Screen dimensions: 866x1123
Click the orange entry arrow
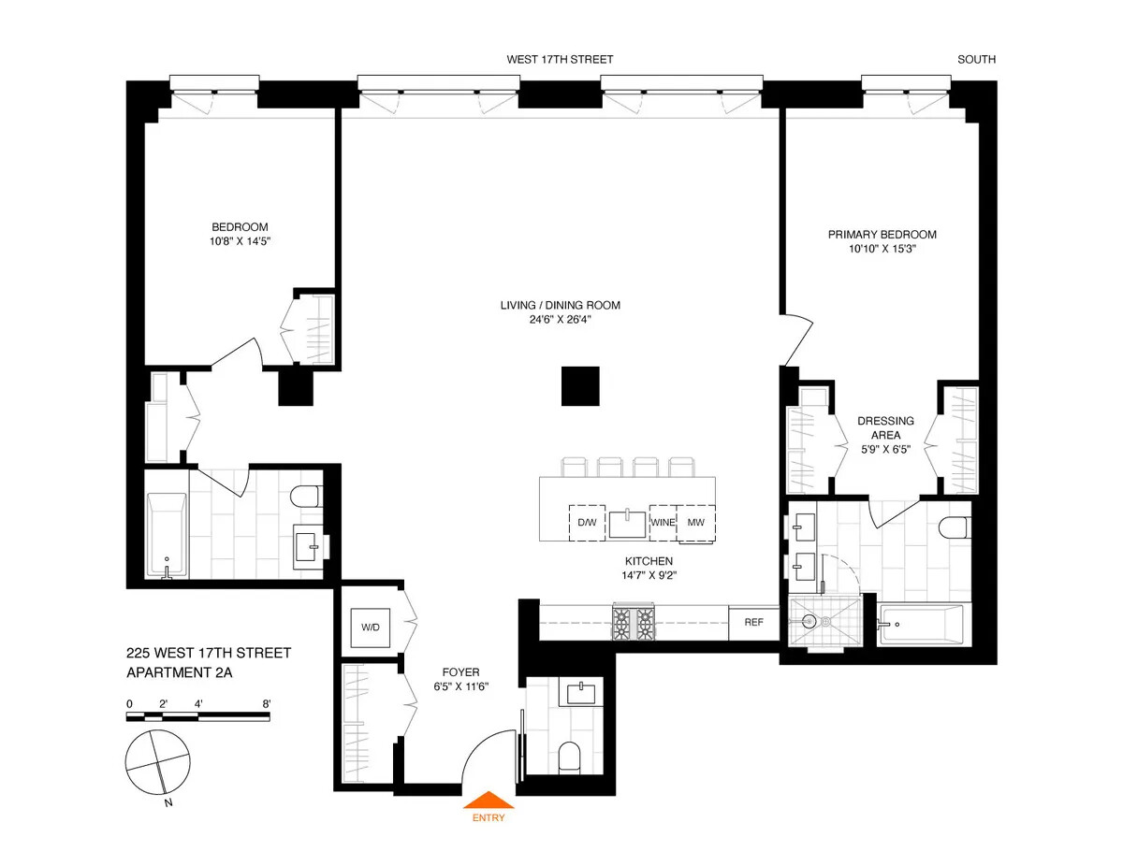(489, 801)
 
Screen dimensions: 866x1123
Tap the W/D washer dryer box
(371, 627)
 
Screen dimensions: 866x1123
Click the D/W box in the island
(587, 522)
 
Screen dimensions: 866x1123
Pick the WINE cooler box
(663, 522)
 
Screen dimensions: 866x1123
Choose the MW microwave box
(695, 522)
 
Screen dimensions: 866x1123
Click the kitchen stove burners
(634, 623)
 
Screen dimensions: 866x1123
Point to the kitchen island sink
(627, 524)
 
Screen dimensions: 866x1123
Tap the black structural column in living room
(580, 386)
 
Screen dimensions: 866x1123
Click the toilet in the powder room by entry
(569, 756)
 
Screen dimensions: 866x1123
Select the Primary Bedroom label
(882, 235)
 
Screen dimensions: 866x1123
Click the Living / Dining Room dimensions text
(560, 320)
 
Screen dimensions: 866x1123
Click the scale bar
(198, 717)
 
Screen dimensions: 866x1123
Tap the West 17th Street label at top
(560, 59)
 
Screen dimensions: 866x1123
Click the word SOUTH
(976, 59)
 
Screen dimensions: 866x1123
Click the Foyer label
(461, 672)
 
